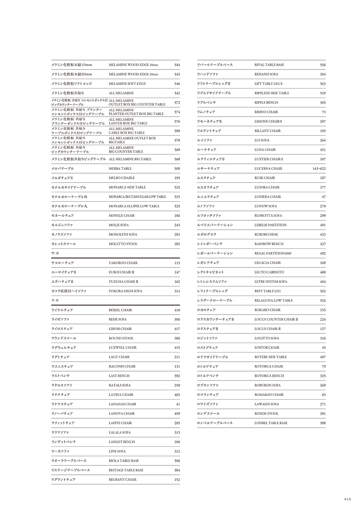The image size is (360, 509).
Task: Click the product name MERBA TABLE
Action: click(120, 168)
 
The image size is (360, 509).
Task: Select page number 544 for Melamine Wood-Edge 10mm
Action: click(177, 65)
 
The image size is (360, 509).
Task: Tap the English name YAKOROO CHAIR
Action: click(123, 263)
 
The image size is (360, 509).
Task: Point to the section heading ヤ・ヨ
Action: click(55, 253)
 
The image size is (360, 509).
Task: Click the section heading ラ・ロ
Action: click(55, 300)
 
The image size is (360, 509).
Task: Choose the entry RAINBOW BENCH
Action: click(269, 244)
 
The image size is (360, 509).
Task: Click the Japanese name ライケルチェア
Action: click(62, 310)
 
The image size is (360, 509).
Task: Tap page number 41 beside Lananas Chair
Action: click(178, 404)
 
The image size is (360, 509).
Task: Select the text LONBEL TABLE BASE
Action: click(271, 423)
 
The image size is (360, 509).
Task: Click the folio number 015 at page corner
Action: click(347, 499)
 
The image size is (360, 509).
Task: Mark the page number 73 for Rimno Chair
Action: click(324, 112)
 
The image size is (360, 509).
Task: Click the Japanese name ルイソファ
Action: click(205, 140)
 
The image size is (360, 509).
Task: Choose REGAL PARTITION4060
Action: click(273, 253)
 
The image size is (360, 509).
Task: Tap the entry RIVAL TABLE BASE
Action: click(269, 65)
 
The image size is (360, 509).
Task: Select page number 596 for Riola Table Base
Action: click(177, 461)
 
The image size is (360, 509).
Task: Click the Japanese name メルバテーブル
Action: click(62, 168)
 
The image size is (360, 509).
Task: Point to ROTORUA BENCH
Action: click(269, 376)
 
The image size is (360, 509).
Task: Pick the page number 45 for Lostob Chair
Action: click(324, 348)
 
